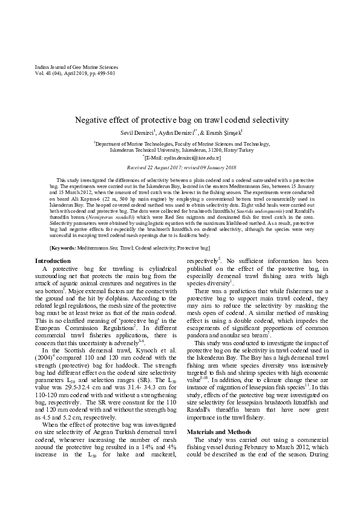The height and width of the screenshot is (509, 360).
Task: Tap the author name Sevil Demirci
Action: pyautogui.click(x=137, y=132)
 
